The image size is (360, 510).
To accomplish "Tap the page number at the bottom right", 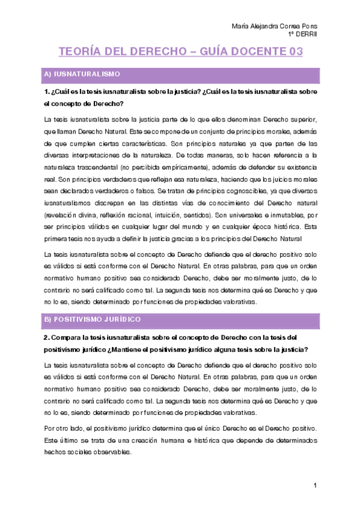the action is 314,485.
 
